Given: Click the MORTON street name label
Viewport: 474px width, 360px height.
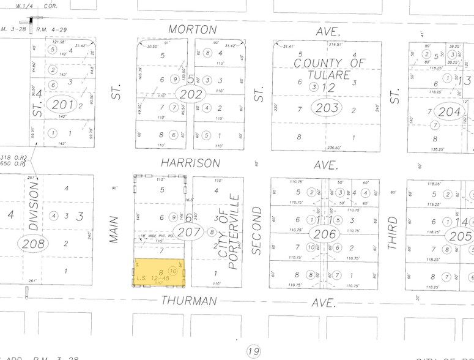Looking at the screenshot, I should coord(193,29).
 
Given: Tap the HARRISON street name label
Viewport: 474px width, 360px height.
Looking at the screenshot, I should coord(190,163).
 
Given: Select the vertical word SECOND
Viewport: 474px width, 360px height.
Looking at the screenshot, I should coord(257,230).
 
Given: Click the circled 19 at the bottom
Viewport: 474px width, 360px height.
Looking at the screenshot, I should coord(253,351).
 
